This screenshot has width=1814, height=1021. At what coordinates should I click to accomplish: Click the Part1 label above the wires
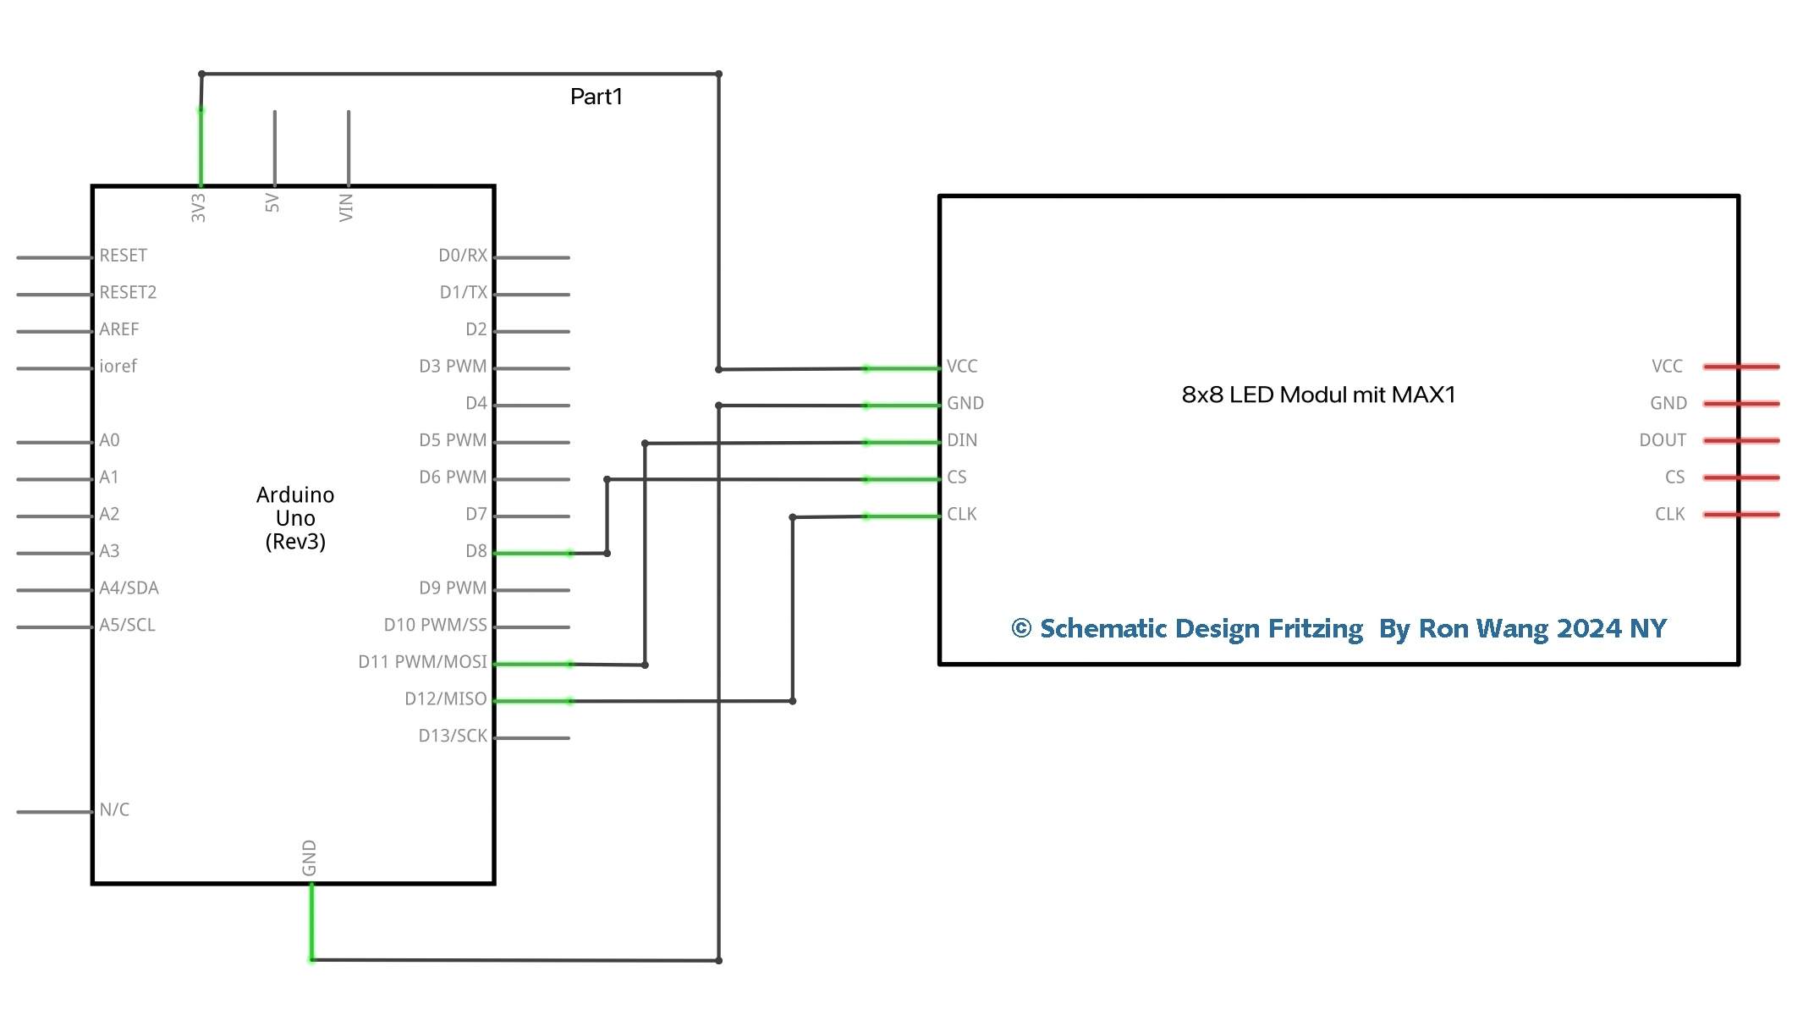coord(596,97)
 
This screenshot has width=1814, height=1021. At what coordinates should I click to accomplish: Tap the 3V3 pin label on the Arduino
coord(198,207)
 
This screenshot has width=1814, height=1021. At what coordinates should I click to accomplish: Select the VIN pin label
coord(345,207)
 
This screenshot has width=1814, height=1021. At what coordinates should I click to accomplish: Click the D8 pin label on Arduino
coord(475,551)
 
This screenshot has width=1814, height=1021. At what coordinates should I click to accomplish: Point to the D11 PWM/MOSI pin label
coord(422,662)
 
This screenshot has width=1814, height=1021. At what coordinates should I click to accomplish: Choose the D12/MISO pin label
coord(445,698)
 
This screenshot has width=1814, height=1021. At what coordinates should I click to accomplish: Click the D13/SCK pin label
coord(453,736)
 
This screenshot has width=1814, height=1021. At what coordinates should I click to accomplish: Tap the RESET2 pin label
coord(128,292)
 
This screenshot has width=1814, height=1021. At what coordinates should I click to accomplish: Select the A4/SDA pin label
coord(129,588)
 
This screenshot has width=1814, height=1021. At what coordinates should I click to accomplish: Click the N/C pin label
coord(114,809)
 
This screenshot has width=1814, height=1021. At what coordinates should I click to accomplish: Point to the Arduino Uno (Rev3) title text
coord(295,517)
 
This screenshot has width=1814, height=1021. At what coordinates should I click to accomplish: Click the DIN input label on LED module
coord(962,440)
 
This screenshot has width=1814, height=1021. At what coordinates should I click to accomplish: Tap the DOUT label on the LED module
coord(1662,440)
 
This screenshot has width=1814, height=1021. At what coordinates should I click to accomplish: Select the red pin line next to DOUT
coord(1741,440)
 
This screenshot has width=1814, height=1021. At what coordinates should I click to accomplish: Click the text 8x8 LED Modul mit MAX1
coord(1318,395)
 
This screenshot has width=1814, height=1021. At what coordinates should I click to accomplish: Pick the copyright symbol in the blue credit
coord(1021,628)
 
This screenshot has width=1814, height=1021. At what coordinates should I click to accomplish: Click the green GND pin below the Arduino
coord(311,921)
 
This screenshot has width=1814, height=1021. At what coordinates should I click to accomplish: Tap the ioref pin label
coord(118,367)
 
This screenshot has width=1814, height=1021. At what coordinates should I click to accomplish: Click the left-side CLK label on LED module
coord(961,514)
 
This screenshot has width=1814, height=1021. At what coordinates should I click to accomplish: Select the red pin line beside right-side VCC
coord(1741,367)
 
